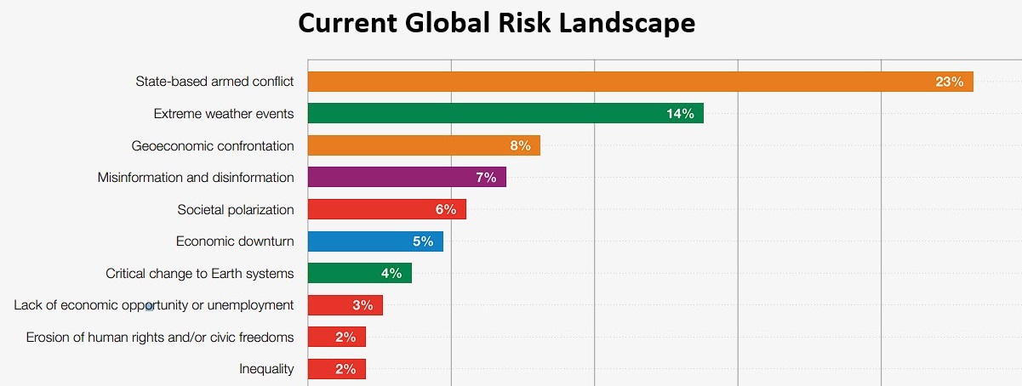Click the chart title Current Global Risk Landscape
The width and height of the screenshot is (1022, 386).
(x=496, y=24)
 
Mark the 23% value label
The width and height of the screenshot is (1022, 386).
(x=949, y=82)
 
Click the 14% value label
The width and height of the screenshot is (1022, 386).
(x=680, y=113)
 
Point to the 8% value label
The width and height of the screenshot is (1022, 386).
(x=520, y=145)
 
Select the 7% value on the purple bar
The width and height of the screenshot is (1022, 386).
(x=486, y=177)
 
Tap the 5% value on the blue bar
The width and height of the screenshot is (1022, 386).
(x=423, y=241)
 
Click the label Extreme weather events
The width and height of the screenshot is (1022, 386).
(x=224, y=113)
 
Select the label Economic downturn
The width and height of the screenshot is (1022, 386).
(x=235, y=241)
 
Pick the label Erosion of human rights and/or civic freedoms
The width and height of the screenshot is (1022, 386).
(x=160, y=338)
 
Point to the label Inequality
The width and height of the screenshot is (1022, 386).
(x=266, y=369)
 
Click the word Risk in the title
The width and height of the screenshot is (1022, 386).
(x=529, y=24)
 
